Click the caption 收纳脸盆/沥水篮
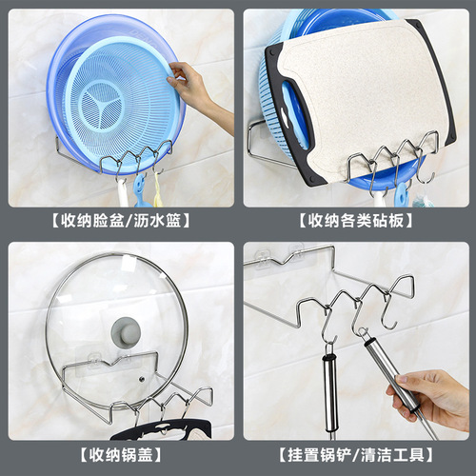[121, 220]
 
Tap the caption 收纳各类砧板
[356, 220]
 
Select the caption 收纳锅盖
[121, 455]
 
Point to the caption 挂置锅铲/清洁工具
[356, 455]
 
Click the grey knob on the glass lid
[126, 333]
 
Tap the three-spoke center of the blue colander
[102, 105]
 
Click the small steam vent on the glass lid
[142, 379]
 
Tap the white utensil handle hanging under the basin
[122, 194]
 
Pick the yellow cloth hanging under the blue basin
[158, 190]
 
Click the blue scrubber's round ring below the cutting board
[403, 194]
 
